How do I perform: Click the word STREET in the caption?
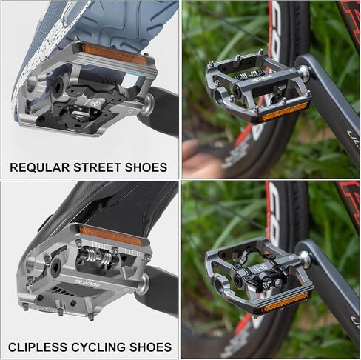pyautogui.click(x=97, y=167)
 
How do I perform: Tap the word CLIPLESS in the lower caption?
pyautogui.click(x=38, y=347)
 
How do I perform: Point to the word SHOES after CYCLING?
pyautogui.click(x=151, y=347)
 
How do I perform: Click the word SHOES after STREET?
pyautogui.click(x=146, y=167)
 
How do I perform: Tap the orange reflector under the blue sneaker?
pyautogui.click(x=115, y=54)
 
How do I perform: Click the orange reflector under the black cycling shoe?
pyautogui.click(x=111, y=235)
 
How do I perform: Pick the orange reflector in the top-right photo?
pyautogui.click(x=284, y=112)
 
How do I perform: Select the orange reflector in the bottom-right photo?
pyautogui.click(x=285, y=301)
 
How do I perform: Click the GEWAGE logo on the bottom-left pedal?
pyautogui.click(x=87, y=283)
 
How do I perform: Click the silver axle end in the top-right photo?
pyautogui.click(x=304, y=73)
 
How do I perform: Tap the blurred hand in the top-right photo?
pyautogui.click(x=202, y=156)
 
